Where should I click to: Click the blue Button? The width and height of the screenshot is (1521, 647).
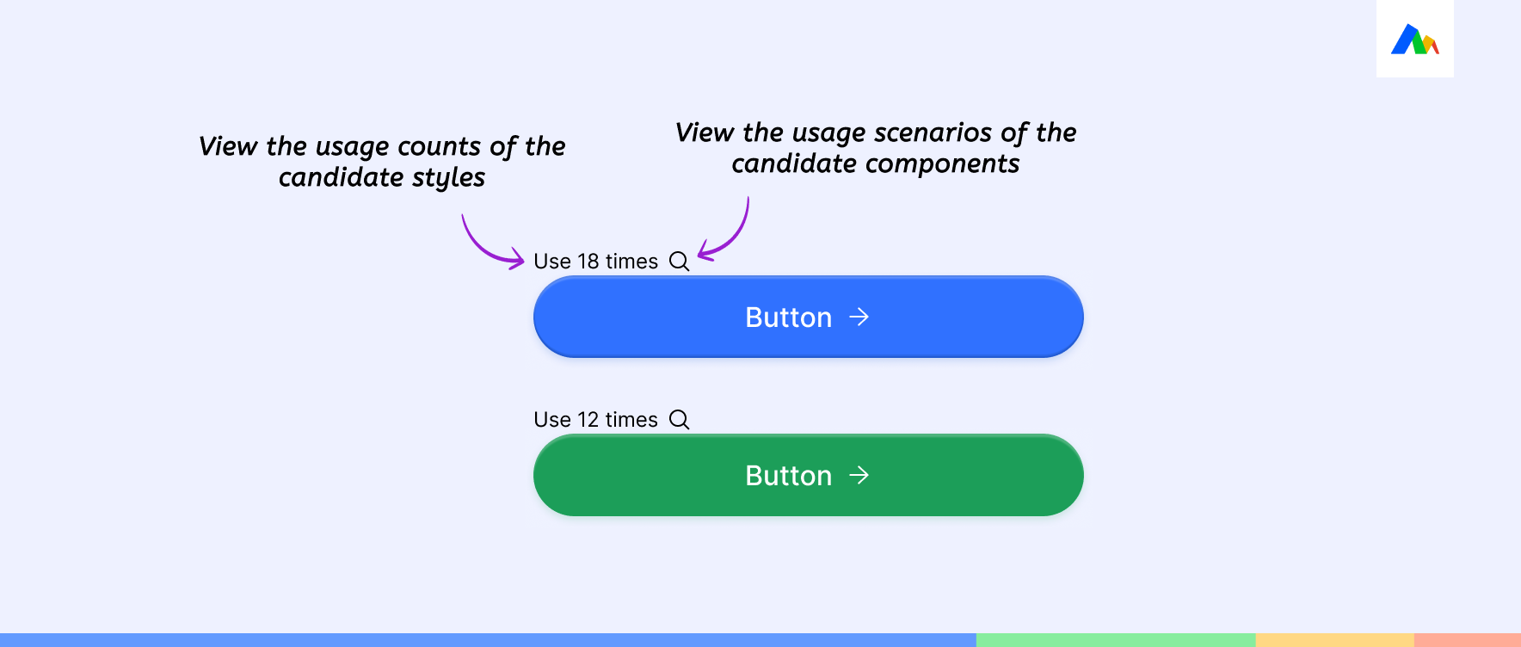click(x=808, y=317)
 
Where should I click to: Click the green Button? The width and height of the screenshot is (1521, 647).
click(x=808, y=475)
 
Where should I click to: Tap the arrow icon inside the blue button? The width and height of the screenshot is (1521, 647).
click(x=859, y=317)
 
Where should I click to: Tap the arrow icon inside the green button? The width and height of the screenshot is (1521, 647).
click(x=859, y=476)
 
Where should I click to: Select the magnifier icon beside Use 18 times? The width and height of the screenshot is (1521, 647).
click(x=680, y=262)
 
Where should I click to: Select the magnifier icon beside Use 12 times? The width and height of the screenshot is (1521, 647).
click(x=680, y=420)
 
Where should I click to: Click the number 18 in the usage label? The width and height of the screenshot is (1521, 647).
click(x=588, y=262)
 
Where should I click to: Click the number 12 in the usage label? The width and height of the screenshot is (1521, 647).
click(x=588, y=420)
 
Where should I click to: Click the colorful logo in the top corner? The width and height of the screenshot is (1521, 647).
click(x=1415, y=40)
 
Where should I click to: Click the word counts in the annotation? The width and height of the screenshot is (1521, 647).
click(x=439, y=147)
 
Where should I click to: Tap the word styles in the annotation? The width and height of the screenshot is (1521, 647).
click(x=448, y=178)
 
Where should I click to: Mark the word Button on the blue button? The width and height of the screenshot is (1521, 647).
click(x=789, y=317)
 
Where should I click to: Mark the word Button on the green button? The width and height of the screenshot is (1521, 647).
click(x=789, y=476)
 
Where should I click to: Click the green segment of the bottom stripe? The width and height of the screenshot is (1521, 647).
click(x=1116, y=640)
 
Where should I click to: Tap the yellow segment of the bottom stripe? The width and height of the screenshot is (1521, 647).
click(x=1335, y=640)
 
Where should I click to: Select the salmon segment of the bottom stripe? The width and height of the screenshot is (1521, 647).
click(x=1468, y=640)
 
